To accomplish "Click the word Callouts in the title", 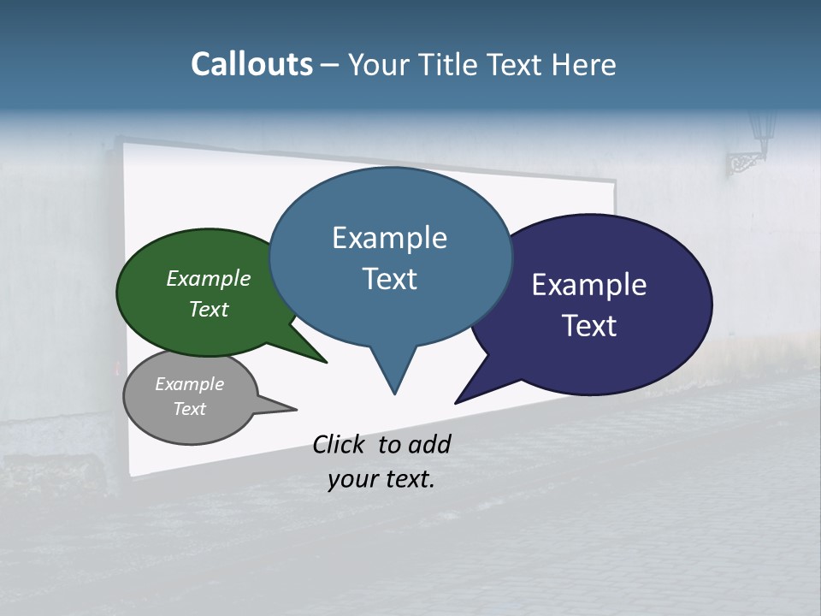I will [x=251, y=64].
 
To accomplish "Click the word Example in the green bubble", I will [x=209, y=278].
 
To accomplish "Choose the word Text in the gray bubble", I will [x=190, y=409].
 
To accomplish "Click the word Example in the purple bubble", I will [x=589, y=285].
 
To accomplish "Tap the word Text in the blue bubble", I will [x=390, y=279].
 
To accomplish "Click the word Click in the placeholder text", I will [x=340, y=444].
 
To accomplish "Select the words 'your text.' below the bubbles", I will [x=381, y=480].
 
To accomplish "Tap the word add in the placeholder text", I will [x=430, y=444].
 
